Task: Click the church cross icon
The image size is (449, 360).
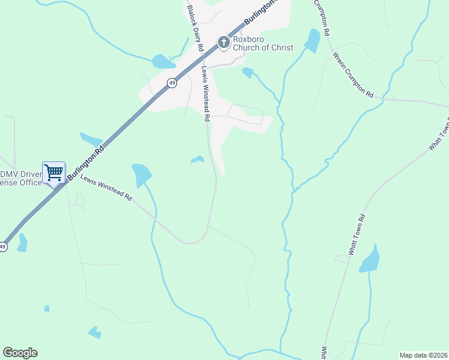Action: pyautogui.click(x=223, y=42)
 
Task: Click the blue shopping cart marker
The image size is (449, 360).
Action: pyautogui.click(x=53, y=173)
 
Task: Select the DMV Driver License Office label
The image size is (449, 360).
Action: pyautogui.click(x=20, y=178)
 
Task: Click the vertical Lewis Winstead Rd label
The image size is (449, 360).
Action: pyautogui.click(x=205, y=94)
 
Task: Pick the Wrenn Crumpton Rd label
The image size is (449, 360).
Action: pyautogui.click(x=354, y=75)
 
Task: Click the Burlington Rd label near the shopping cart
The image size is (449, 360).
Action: pyautogui.click(x=85, y=162)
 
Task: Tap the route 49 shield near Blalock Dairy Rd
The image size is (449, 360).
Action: pyautogui.click(x=172, y=83)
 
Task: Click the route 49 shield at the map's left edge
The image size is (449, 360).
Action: pyautogui.click(x=3, y=247)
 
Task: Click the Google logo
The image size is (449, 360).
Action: pyautogui.click(x=20, y=353)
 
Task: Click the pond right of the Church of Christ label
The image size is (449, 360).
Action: pyautogui.click(x=312, y=40)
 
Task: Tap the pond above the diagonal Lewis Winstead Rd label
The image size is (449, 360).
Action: pyautogui.click(x=142, y=175)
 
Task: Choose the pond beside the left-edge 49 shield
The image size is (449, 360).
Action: pyautogui.click(x=22, y=242)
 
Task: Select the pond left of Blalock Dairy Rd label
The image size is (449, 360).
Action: pyautogui.click(x=163, y=61)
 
